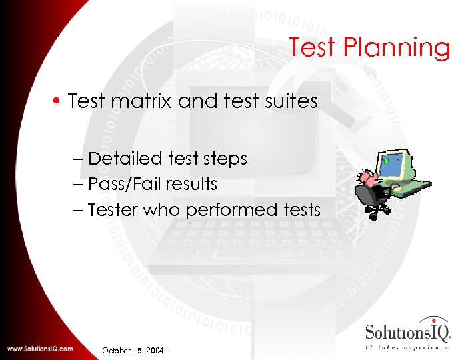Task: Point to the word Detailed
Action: [125, 159]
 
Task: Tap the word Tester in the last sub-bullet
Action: [111, 209]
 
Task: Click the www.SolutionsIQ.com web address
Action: [40, 349]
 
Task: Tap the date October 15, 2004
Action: [135, 349]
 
